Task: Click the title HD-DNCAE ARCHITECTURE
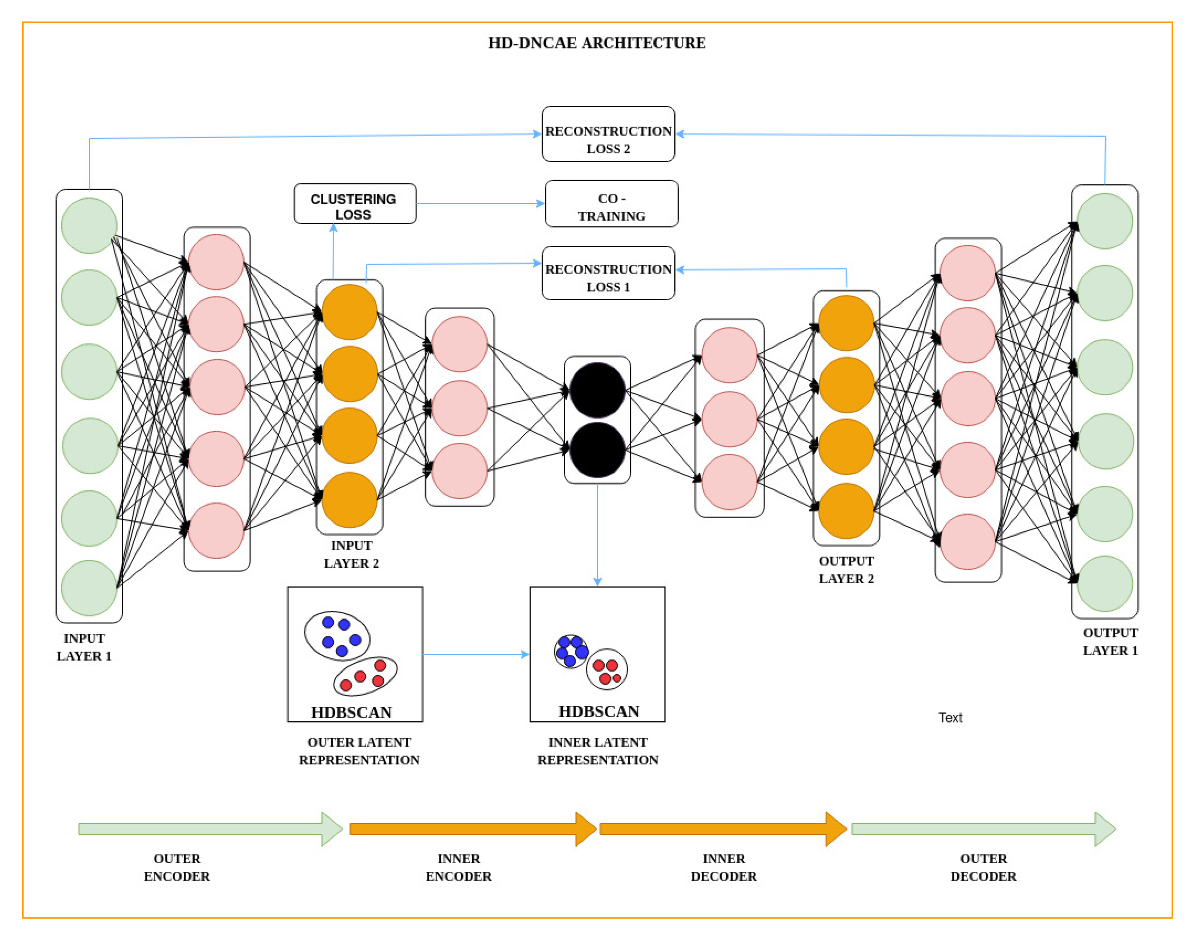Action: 596,43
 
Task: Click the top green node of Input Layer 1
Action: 89,225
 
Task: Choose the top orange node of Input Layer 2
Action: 349,312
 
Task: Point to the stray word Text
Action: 950,717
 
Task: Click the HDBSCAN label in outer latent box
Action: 351,712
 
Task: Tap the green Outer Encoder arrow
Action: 208,828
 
